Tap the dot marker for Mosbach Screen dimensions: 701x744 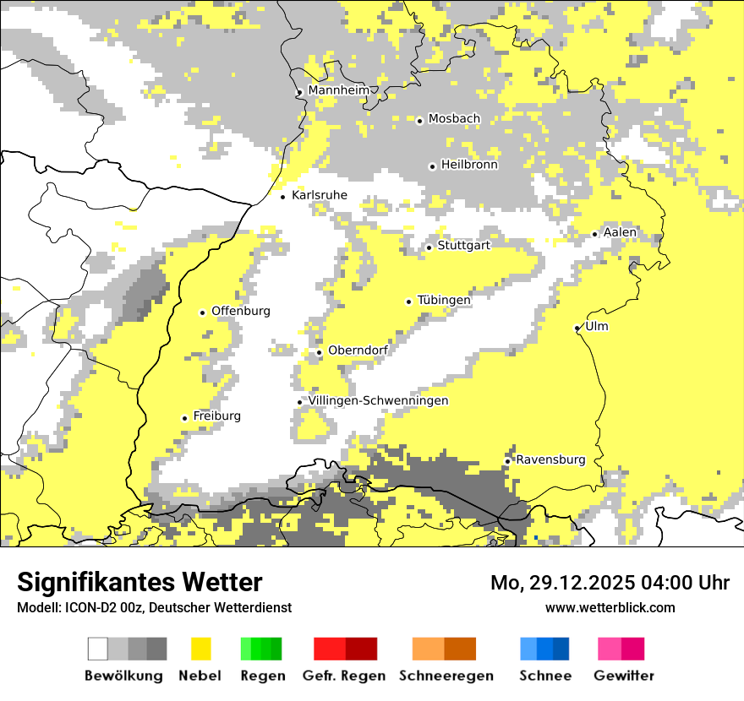tap(419, 121)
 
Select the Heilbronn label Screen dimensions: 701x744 tap(469, 165)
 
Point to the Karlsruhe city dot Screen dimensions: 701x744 tap(283, 197)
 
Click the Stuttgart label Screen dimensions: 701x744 tap(464, 245)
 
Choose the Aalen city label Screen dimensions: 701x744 tap(620, 232)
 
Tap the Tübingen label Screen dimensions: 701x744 tap(444, 300)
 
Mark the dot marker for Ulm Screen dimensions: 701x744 tap(577, 328)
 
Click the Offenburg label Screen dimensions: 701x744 tap(241, 311)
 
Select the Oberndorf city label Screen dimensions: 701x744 tap(358, 350)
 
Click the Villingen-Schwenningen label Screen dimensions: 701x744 tap(378, 400)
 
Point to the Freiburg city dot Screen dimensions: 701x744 tap(184, 418)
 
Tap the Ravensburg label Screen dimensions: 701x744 tap(550, 459)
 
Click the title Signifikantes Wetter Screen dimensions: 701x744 tap(139, 582)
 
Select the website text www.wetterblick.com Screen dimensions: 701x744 tap(610, 607)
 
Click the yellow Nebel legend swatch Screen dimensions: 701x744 tap(201, 649)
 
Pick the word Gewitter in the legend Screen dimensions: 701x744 tap(623, 676)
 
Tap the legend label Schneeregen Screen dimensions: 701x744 tap(446, 676)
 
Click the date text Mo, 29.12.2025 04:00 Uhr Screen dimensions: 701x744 tap(610, 583)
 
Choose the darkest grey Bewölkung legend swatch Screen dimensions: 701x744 tap(156, 649)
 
